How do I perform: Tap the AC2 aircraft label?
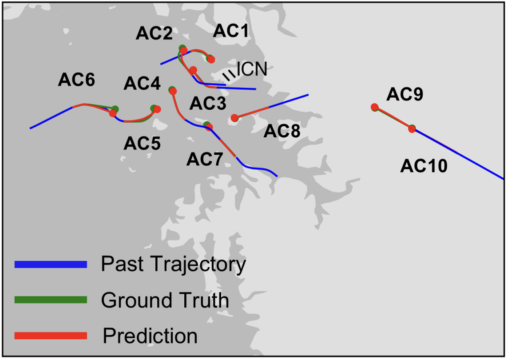[154, 34]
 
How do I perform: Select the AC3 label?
[208, 104]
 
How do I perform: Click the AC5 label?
[142, 143]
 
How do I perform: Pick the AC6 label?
[76, 80]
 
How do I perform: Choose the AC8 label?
[282, 131]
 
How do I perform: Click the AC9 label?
[405, 94]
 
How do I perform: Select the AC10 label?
[424, 167]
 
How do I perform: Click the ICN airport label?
[252, 69]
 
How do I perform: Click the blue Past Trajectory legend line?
[51, 264]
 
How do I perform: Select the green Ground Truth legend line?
[51, 300]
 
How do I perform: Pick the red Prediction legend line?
[51, 336]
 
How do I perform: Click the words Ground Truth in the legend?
[165, 300]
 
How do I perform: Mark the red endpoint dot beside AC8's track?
[234, 118]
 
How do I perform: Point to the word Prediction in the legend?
[150, 336]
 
